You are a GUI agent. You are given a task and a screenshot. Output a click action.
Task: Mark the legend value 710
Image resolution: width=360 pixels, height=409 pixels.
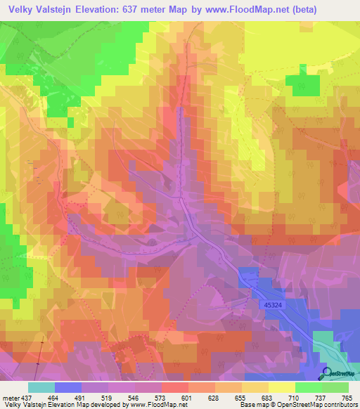point(294,398)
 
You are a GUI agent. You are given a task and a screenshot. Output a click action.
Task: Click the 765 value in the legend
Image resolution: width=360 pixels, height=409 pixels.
point(347,398)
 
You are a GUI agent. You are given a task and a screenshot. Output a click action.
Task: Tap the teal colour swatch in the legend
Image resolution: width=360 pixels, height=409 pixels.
point(41,387)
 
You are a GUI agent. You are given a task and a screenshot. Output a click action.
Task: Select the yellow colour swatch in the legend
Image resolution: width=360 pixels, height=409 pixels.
point(281,387)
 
